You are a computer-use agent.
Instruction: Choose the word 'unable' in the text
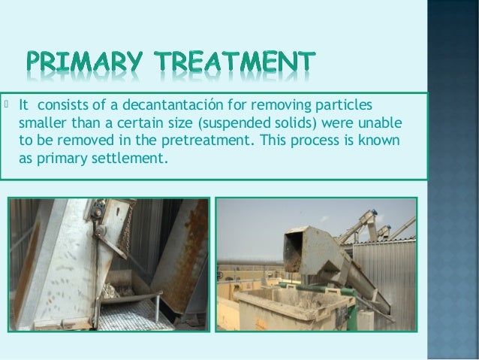[383, 123]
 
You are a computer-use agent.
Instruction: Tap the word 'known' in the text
[384, 141]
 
